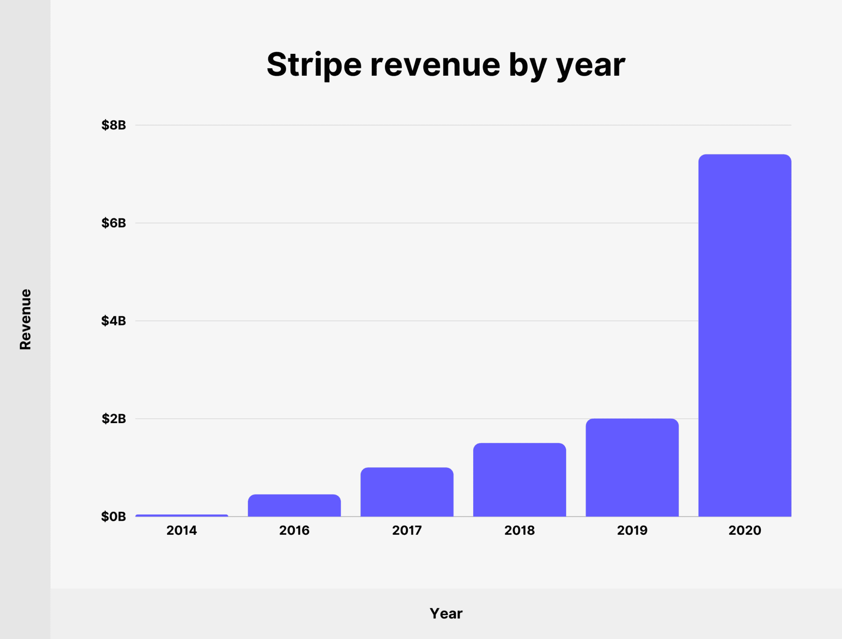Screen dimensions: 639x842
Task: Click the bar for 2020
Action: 745,335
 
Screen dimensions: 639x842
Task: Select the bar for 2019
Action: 632,468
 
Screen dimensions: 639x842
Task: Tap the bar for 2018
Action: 519,480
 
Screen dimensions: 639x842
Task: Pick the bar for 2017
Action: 407,492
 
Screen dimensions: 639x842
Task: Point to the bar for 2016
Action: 294,505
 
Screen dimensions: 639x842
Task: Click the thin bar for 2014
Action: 182,515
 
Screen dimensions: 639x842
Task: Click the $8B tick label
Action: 114,125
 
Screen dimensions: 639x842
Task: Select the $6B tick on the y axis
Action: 114,223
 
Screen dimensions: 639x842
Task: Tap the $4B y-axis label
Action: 114,321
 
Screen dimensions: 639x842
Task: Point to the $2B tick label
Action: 114,419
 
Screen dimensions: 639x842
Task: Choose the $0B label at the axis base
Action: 114,517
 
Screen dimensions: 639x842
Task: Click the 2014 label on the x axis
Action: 182,530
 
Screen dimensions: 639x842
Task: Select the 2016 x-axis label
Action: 294,530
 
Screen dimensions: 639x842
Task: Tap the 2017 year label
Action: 407,530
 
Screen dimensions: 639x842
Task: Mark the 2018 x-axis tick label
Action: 519,530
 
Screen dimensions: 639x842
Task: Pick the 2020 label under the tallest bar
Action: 745,530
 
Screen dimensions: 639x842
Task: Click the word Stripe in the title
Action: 314,65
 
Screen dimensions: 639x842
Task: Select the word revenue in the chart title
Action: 435,65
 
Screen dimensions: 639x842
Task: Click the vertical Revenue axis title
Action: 25,319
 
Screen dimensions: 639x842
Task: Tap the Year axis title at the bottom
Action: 446,614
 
